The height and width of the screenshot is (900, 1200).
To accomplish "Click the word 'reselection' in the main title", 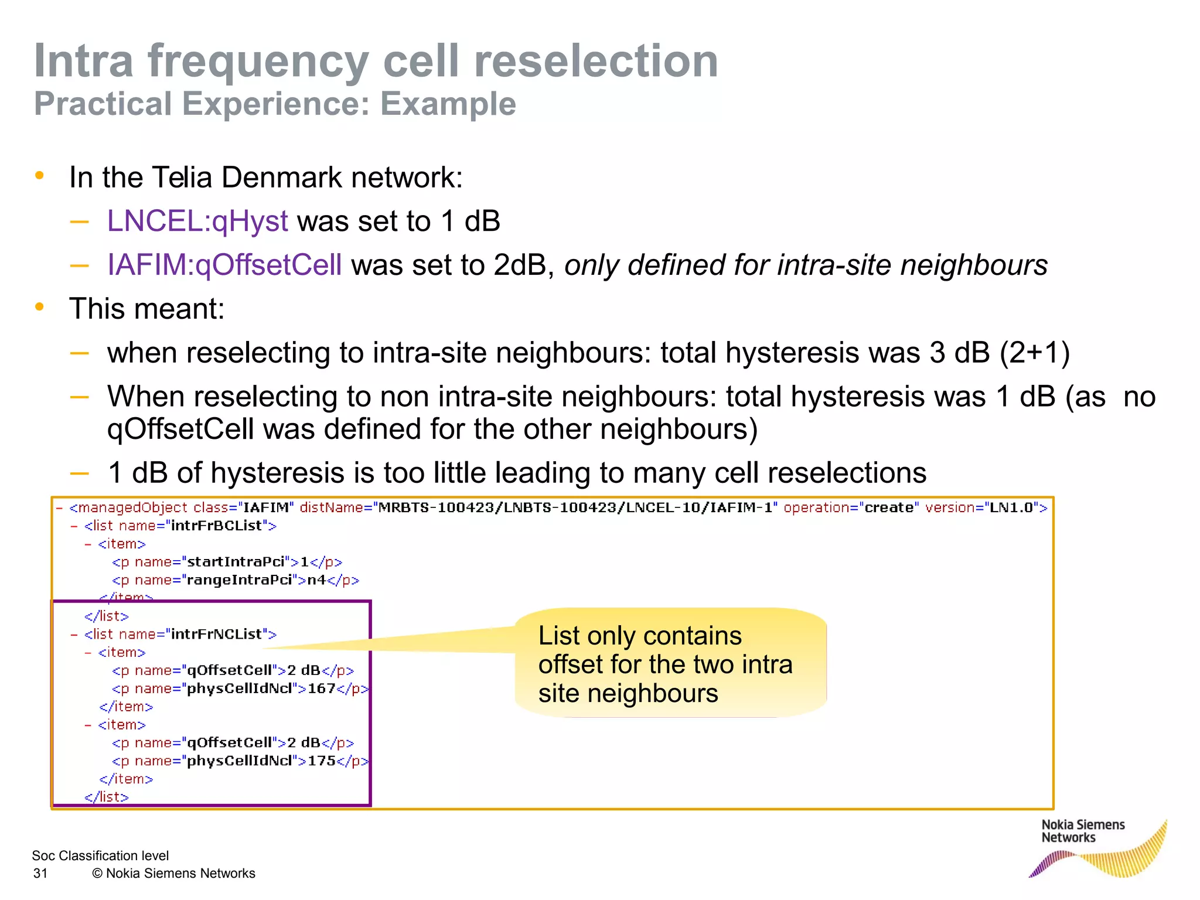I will tap(595, 62).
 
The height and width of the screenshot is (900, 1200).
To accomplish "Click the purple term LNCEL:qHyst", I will tap(197, 221).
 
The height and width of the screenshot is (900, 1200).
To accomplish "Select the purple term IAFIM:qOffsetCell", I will tap(224, 265).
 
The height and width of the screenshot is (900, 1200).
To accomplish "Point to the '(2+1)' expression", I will tap(1034, 353).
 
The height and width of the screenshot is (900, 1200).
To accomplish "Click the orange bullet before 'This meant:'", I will tap(40, 307).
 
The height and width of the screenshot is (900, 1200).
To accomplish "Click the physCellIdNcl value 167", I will tap(321, 688).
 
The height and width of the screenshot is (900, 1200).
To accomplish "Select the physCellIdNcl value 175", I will tap(321, 761).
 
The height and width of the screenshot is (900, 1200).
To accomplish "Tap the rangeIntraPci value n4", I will tap(316, 580).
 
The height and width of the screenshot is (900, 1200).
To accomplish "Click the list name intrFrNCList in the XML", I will tap(216, 635).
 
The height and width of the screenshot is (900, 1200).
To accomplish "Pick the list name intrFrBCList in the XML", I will tap(216, 526).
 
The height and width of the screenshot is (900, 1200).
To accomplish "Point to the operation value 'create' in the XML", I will tap(888, 508).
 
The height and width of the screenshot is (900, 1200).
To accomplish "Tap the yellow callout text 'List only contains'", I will tap(639, 636).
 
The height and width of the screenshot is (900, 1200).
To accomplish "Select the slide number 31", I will tap(40, 874).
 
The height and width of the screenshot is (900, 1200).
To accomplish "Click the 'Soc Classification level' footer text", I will tap(100, 856).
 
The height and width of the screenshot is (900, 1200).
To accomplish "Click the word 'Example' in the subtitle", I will tap(448, 104).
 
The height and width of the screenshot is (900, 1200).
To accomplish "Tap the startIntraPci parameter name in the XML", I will tap(235, 562).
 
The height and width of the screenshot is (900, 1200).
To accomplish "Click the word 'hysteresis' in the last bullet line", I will tap(275, 473).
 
